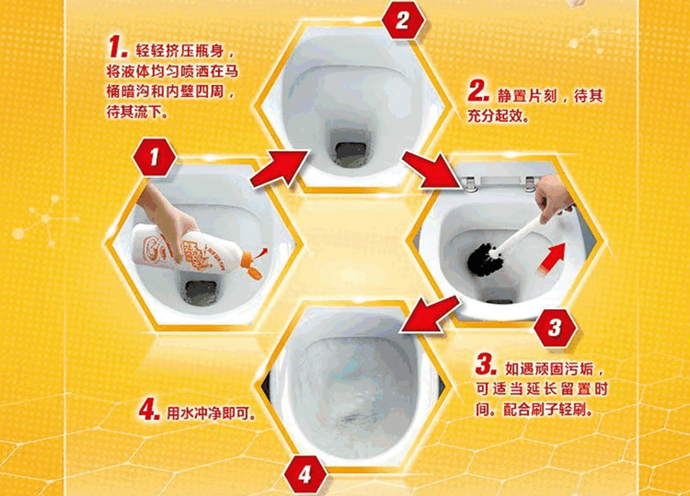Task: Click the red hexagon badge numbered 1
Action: [x=154, y=157]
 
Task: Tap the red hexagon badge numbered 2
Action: [x=403, y=20]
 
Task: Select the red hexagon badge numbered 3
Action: [x=555, y=327]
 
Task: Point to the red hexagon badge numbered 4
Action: [x=305, y=474]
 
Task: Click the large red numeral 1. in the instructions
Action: [x=118, y=47]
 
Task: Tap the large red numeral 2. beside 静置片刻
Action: [x=479, y=92]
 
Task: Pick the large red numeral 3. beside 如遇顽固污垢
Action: [x=486, y=364]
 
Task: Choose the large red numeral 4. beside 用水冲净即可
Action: [x=149, y=410]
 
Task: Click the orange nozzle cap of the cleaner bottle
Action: [x=253, y=265]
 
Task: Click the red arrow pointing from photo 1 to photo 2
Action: [x=278, y=169]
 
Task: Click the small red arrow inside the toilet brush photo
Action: [x=552, y=258]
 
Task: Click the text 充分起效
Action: [x=496, y=117]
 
